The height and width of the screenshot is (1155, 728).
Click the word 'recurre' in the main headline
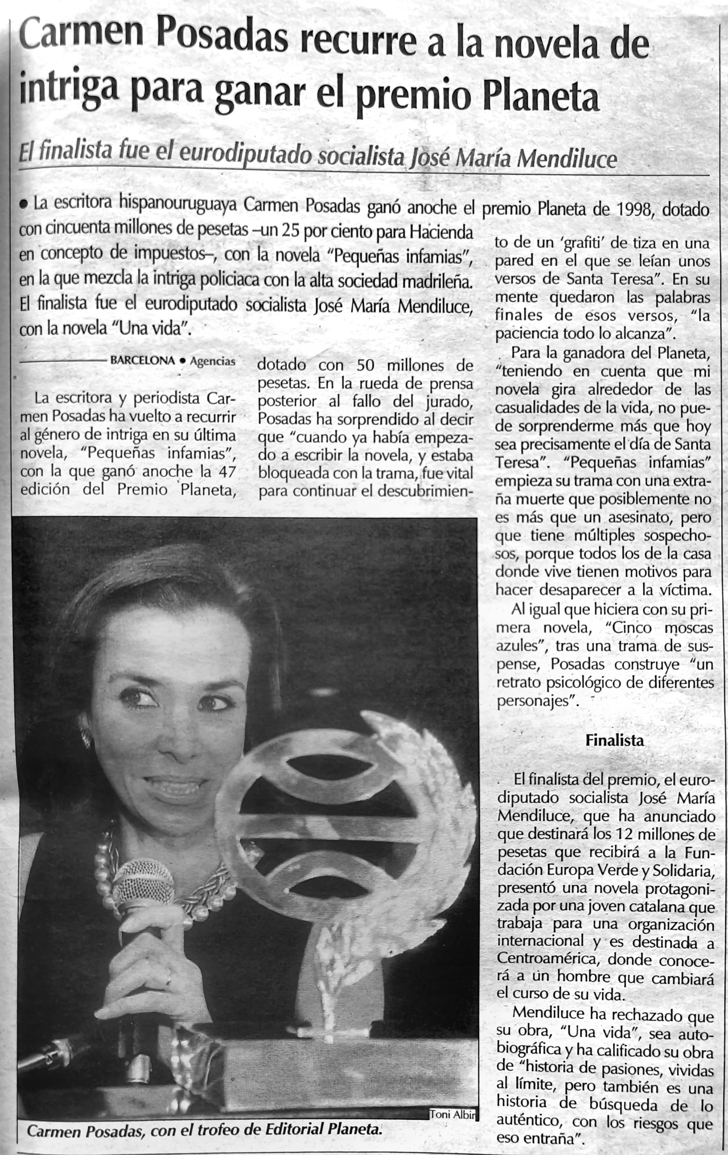point(358,42)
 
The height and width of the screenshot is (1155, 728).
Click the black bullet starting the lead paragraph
point(23,205)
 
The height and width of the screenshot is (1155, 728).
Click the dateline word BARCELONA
point(142,360)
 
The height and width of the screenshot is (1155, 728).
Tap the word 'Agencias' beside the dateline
point(212,361)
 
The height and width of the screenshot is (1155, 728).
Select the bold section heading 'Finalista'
point(614,740)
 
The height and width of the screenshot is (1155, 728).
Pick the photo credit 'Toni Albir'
point(452,1115)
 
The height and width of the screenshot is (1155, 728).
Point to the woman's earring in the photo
point(86,738)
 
